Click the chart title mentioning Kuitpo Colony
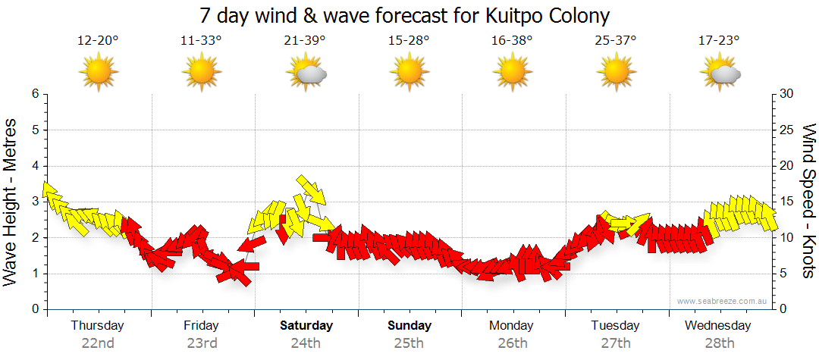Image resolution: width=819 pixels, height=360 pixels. tap(405, 16)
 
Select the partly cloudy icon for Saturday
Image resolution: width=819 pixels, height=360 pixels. tap(306, 73)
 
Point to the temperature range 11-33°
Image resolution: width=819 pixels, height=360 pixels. tap(201, 40)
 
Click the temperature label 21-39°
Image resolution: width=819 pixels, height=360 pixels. tap(305, 40)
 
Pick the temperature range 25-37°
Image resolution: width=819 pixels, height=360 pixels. tap(616, 40)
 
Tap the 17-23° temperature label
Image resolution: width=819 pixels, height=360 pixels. tap(719, 40)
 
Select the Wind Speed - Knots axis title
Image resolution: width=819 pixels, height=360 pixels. tap(808, 201)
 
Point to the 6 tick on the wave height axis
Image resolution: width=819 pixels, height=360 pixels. tap(34, 94)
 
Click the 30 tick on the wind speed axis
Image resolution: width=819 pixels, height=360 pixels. tap(787, 94)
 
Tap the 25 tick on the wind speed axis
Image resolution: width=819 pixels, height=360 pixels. tap(787, 130)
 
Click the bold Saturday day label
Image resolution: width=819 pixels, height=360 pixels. tap(306, 326)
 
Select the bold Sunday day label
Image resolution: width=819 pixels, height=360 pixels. tap(409, 326)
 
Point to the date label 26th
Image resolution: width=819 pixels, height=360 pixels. tap(512, 343)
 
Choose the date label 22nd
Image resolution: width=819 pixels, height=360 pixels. tap(98, 343)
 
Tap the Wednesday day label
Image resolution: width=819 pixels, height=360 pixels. tap(717, 326)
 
